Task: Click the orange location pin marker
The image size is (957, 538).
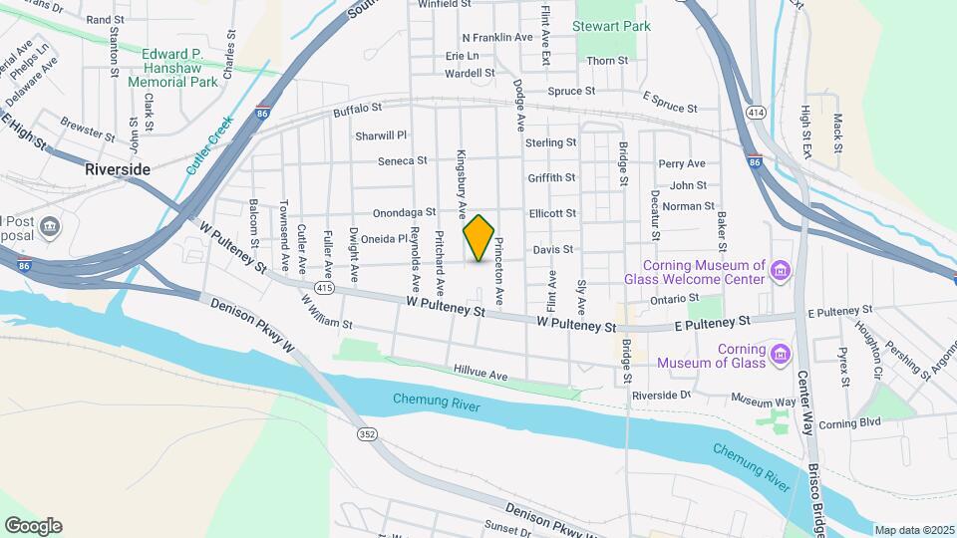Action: click(x=479, y=237)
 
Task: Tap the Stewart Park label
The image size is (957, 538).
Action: click(x=611, y=26)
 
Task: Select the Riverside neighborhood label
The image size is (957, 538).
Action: click(x=118, y=169)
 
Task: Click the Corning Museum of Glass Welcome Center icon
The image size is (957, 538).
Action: click(x=781, y=270)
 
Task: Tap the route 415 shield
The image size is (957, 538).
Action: click(x=323, y=288)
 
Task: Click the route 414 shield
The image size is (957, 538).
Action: click(x=755, y=114)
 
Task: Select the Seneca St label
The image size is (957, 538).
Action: click(x=402, y=160)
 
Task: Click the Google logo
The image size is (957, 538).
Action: click(x=33, y=526)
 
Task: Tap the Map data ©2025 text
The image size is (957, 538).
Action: click(x=913, y=530)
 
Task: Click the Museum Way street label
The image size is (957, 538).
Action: click(x=763, y=401)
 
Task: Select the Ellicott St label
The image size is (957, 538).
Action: click(x=552, y=213)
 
